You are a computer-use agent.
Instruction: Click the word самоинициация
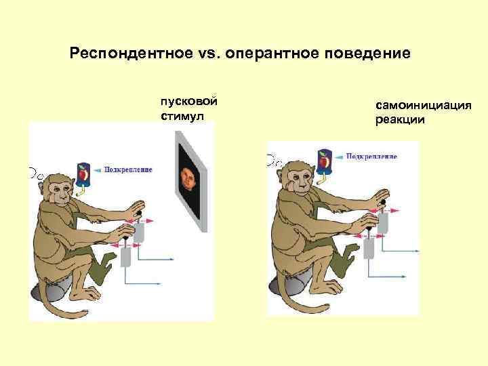(x=418, y=106)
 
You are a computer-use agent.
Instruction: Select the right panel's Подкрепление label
(x=372, y=157)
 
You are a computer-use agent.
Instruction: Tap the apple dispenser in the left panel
(x=83, y=174)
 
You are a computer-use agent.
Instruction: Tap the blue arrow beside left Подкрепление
(x=100, y=169)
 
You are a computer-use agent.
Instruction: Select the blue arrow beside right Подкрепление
(x=341, y=157)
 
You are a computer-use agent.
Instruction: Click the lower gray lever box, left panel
(x=128, y=257)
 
